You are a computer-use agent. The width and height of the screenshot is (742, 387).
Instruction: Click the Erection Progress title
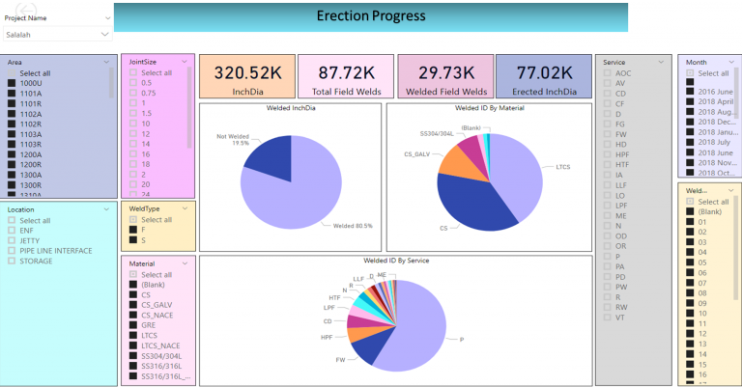[x=370, y=16]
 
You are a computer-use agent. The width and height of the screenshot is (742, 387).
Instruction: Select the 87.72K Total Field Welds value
[x=345, y=72]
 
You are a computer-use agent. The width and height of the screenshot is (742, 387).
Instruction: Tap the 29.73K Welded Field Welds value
[x=444, y=72]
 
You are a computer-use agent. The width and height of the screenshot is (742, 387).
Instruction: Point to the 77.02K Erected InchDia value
[x=543, y=72]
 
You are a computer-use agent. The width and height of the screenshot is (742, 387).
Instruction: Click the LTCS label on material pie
[x=563, y=166]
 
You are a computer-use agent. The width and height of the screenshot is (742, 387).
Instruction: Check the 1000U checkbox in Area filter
[x=12, y=83]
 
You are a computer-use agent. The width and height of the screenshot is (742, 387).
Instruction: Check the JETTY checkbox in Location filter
[x=12, y=240]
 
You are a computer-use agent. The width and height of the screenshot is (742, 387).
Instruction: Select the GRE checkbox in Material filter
[x=133, y=324]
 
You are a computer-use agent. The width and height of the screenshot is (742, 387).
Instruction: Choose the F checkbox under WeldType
[x=133, y=230]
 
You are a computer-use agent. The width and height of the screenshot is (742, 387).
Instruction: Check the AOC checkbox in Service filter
[x=607, y=73]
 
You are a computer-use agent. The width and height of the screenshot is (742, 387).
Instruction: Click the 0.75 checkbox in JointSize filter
[x=133, y=93]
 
